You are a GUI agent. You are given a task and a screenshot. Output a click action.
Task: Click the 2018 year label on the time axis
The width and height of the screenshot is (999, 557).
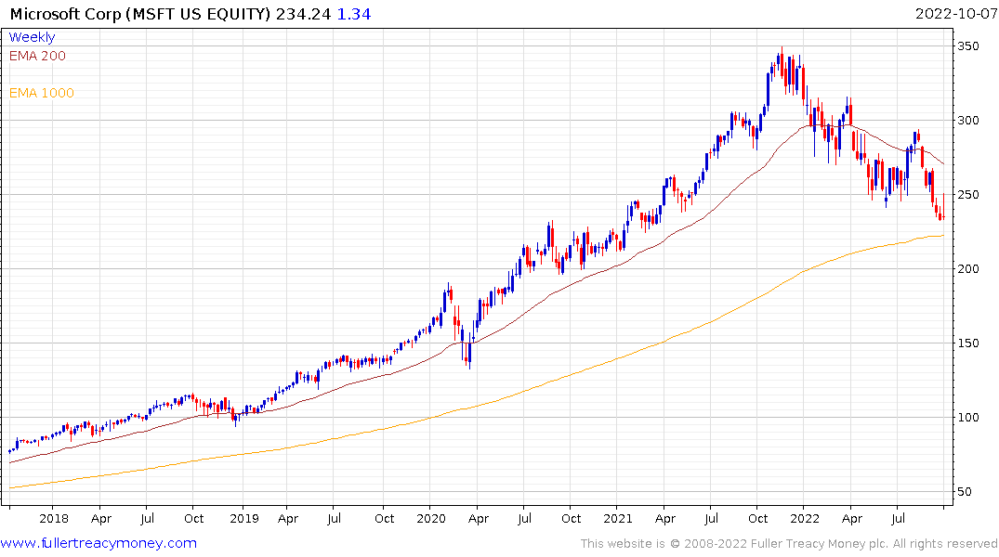tap(54, 519)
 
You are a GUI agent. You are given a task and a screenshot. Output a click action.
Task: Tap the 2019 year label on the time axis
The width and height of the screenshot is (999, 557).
tap(243, 519)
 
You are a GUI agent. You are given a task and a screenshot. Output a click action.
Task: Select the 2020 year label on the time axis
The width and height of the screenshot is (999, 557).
tap(432, 519)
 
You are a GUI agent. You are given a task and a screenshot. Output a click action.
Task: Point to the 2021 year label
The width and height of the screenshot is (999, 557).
tap(621, 519)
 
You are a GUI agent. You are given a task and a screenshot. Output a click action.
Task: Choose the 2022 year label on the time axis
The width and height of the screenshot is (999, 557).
tap(806, 519)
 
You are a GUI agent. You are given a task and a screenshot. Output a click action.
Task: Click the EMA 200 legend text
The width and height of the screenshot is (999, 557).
tap(37, 56)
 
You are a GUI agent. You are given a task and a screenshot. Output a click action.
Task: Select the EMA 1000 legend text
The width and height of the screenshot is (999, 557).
tap(42, 93)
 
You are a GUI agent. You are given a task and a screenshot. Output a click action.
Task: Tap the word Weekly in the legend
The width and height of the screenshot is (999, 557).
tap(32, 37)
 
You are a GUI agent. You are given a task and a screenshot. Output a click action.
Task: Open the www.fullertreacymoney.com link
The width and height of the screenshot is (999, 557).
tap(99, 543)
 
